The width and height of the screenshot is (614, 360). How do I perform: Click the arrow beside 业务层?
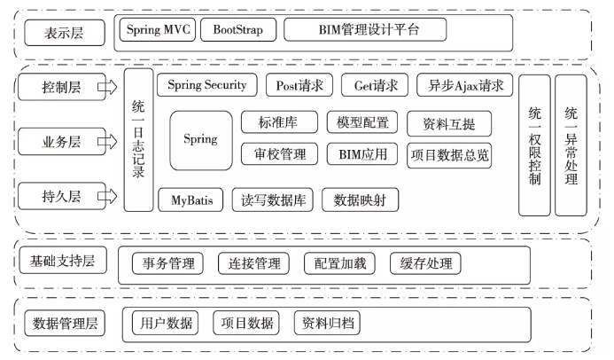tap(107, 140)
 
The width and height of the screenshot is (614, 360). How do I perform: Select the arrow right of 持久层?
tap(107, 194)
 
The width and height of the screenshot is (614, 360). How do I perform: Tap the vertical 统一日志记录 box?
tap(137, 142)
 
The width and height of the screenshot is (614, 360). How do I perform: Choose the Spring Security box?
tap(207, 85)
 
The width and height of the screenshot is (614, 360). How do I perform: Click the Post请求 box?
tap(299, 85)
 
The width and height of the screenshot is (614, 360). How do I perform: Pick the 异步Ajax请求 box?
tap(465, 85)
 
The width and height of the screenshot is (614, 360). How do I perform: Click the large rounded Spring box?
tap(200, 140)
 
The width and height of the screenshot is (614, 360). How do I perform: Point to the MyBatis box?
tap(191, 200)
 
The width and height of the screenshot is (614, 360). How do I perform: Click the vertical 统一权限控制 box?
tap(533, 145)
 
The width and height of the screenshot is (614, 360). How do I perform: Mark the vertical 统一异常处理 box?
tap(570, 145)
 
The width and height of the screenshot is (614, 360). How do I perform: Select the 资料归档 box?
tap(326, 323)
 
